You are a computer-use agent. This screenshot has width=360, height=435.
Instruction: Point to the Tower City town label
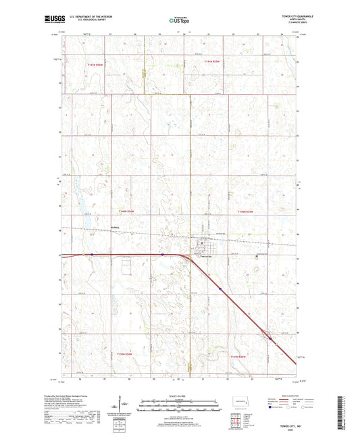(x=205, y=257)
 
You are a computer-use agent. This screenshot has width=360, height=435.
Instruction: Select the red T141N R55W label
(x=212, y=62)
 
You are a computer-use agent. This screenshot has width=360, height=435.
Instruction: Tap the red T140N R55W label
(x=246, y=211)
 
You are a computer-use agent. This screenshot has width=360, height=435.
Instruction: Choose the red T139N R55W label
(x=240, y=356)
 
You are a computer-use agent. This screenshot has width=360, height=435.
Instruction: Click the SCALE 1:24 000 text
(x=180, y=396)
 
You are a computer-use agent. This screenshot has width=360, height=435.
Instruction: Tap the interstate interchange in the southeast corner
(x=269, y=338)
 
